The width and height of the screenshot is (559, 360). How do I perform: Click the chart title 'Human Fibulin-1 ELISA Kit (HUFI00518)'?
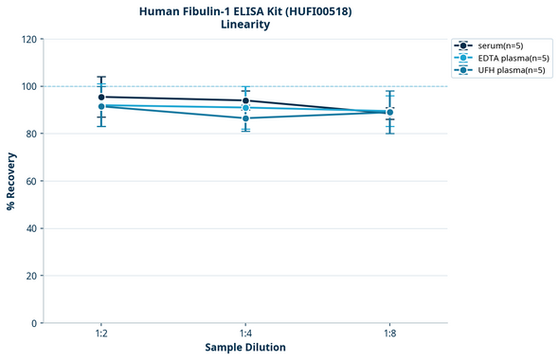point(244,10)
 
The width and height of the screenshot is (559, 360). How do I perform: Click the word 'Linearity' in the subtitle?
point(244,25)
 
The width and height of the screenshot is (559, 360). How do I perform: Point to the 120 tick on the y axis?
point(27,39)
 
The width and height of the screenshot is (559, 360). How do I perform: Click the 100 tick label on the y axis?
point(27,86)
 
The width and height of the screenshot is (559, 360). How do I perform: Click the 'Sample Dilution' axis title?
point(245,348)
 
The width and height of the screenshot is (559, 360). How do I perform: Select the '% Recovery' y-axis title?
point(11,181)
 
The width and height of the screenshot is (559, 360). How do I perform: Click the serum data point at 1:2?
point(101,97)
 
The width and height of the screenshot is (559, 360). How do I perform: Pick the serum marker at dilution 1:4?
point(245,100)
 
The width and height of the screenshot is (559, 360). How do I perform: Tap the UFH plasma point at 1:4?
point(245,118)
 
